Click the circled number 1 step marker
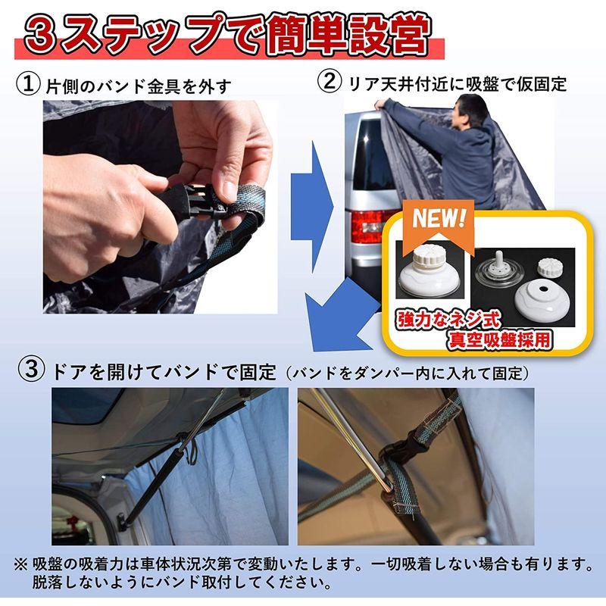[x=28, y=84]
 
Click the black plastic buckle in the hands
[x=195, y=198]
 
